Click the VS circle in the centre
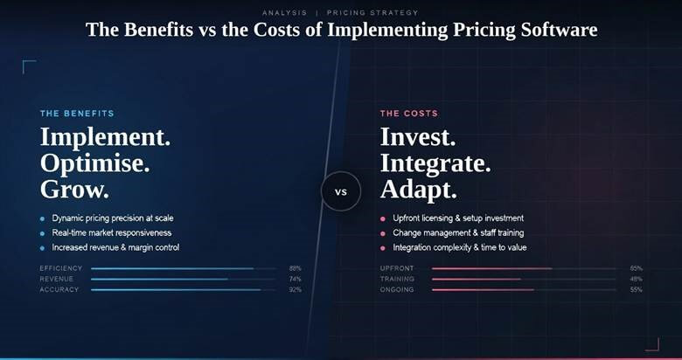coord(341,191)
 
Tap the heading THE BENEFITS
coord(77,114)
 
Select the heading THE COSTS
coord(409,114)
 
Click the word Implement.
coord(105,138)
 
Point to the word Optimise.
coord(94,163)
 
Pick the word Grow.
coord(73,189)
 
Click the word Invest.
coord(418,138)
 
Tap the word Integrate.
coord(435,163)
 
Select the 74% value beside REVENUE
coord(295,279)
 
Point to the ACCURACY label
coord(59,289)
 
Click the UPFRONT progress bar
coord(525,268)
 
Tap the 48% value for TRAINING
coord(636,279)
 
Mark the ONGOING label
coord(397,289)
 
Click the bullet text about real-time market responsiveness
coord(112,232)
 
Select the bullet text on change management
coord(458,232)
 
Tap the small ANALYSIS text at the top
coord(283,13)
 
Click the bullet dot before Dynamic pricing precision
coord(42,218)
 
